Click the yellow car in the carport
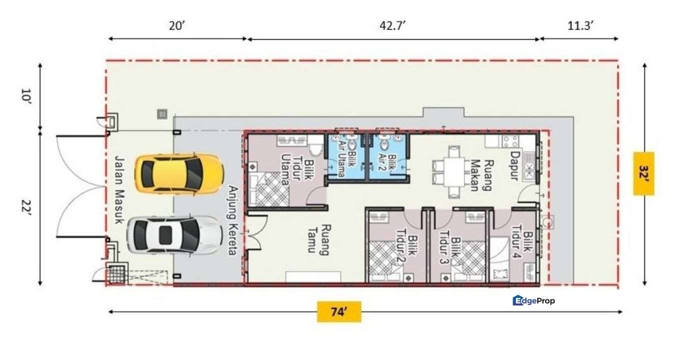[178, 173]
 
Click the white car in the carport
[174, 234]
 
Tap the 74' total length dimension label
[339, 312]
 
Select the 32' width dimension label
[644, 173]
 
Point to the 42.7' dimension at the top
[392, 26]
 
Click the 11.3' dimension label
[580, 26]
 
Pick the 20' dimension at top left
[177, 26]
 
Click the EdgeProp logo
[534, 300]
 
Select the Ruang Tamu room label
[318, 239]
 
